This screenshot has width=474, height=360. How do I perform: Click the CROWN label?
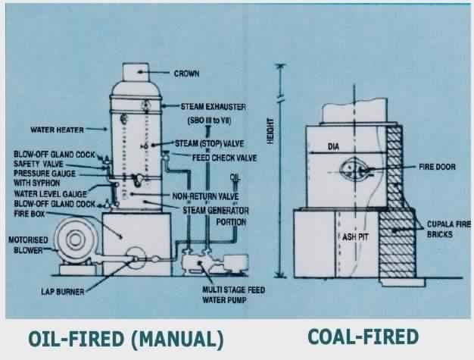pyautogui.click(x=186, y=74)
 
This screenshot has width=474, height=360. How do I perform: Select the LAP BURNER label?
pyautogui.click(x=64, y=291)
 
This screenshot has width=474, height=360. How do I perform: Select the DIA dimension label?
pyautogui.click(x=335, y=146)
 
